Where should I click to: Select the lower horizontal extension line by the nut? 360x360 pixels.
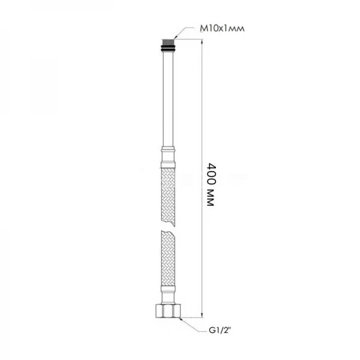click(x=192, y=316)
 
